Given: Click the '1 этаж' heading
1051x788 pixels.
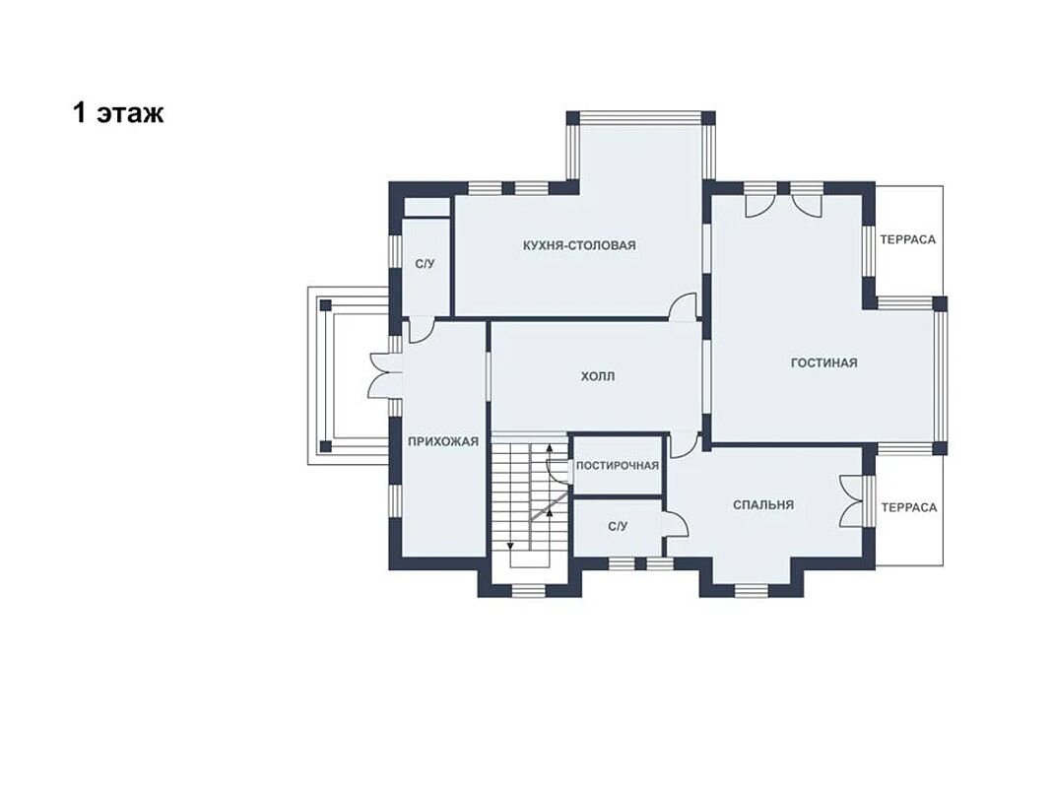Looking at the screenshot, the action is [118, 113].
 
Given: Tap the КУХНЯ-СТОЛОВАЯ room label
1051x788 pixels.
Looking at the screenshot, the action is [579, 245].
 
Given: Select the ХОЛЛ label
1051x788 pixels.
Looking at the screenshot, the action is [598, 376].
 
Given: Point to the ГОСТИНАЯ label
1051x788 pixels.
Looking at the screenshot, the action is [823, 363].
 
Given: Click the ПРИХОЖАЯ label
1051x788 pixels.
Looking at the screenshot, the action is [443, 441].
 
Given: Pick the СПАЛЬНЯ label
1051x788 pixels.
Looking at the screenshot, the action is [763, 505].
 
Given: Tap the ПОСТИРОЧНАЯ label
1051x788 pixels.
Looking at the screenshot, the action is [618, 466].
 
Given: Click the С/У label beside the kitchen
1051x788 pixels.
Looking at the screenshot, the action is [425, 264].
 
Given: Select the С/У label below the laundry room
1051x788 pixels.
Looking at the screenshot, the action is [618, 527].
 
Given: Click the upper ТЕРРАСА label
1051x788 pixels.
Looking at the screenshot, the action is [907, 240].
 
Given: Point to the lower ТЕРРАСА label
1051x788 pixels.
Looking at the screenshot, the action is [909, 508].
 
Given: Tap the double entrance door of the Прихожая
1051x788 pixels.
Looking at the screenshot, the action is [381, 376].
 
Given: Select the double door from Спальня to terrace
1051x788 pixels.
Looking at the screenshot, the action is [851, 501].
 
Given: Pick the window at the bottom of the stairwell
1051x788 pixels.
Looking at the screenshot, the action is [529, 590].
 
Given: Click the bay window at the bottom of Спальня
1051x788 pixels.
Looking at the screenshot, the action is [752, 590].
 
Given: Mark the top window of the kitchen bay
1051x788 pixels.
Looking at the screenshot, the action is [640, 118].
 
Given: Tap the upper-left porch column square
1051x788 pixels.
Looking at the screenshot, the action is [326, 305].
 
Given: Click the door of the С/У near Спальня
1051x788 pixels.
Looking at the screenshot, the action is [676, 523].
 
